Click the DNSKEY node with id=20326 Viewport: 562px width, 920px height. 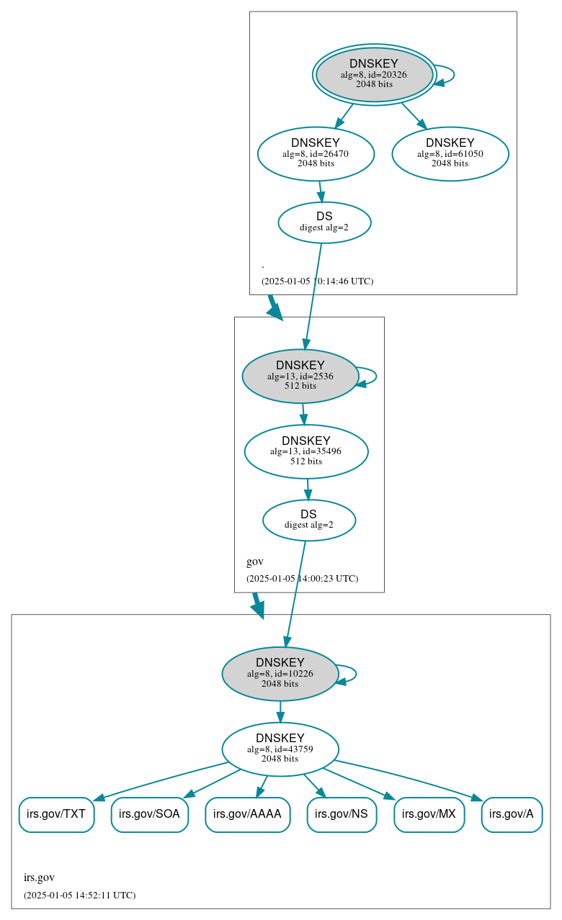tap(374, 74)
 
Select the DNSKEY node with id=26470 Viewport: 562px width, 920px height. tap(316, 153)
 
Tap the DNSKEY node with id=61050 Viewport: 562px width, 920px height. tap(450, 153)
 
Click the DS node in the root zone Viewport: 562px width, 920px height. tap(324, 222)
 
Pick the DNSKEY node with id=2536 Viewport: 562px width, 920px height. tap(300, 376)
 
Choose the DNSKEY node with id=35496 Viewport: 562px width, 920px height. tap(306, 451)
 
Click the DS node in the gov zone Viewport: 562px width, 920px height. tap(308, 520)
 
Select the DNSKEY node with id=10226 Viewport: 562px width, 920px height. tap(280, 674)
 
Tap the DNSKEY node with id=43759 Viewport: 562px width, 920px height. tap(280, 749)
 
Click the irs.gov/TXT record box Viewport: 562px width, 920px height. tap(56, 815)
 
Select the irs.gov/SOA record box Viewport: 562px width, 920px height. tap(150, 815)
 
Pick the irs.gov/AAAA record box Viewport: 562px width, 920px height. tap(248, 815)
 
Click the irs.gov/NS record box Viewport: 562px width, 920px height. tap(342, 815)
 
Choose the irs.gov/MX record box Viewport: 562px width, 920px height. tap(429, 815)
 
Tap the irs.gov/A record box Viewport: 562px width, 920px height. tap(512, 815)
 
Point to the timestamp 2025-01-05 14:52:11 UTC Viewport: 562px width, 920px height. tap(79, 896)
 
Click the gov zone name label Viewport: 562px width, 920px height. tap(255, 562)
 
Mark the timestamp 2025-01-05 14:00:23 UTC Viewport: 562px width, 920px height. tap(302, 579)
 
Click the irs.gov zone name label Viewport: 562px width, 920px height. tap(39, 878)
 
